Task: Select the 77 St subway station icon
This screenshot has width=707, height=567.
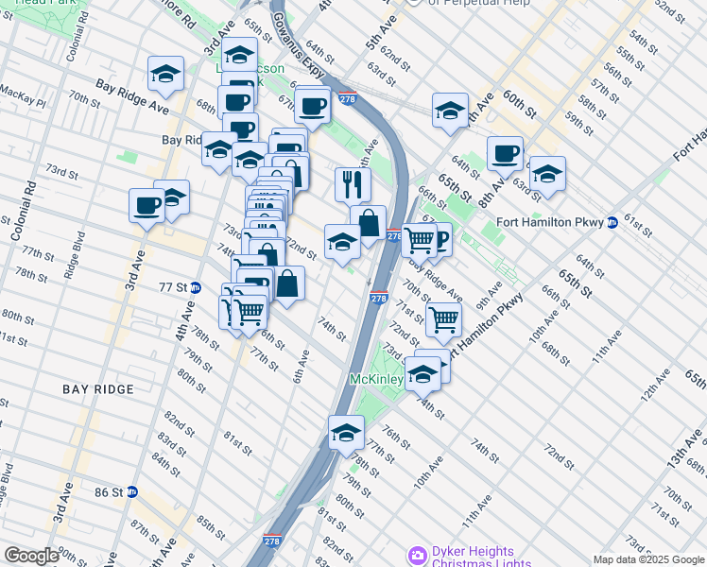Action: (x=195, y=286)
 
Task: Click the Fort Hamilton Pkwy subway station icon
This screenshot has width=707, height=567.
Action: (x=612, y=223)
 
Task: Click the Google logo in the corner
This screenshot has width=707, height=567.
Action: (x=31, y=556)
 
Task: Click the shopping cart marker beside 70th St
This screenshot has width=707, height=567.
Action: (x=442, y=318)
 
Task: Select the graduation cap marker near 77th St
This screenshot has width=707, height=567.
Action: (x=347, y=432)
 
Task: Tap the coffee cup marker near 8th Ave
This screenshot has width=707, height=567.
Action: (x=505, y=152)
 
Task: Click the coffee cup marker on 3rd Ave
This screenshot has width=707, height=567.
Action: (x=147, y=204)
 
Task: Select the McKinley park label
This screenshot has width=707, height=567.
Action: (x=377, y=379)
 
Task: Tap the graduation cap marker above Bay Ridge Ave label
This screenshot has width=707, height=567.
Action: (x=165, y=75)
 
